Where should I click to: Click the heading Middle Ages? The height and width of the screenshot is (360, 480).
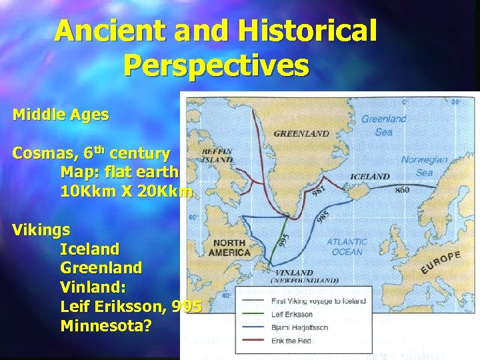click(x=61, y=115)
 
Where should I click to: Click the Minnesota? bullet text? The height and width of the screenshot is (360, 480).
click(x=106, y=326)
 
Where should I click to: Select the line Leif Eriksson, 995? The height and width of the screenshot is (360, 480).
click(x=131, y=307)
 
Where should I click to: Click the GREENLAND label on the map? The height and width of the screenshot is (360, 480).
click(x=301, y=133)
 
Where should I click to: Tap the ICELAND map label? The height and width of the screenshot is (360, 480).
click(x=369, y=177)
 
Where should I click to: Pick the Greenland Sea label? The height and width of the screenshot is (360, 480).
click(x=383, y=125)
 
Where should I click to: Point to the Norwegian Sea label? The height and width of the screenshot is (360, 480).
click(x=424, y=166)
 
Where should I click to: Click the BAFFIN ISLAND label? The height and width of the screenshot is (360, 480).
click(x=217, y=156)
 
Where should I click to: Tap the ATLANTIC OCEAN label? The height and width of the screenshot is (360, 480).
click(x=347, y=247)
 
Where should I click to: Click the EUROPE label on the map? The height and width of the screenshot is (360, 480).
click(x=440, y=262)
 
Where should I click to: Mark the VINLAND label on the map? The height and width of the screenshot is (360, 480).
click(x=293, y=273)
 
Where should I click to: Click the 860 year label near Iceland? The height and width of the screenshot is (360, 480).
click(x=402, y=190)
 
